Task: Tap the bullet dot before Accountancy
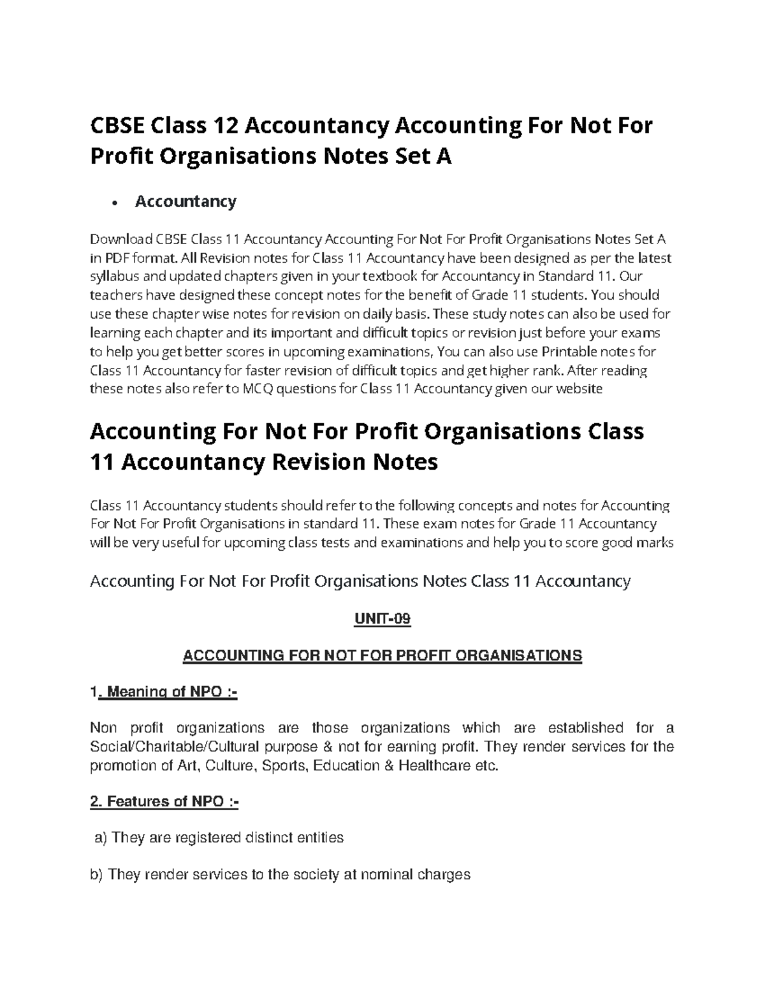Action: pos(113,203)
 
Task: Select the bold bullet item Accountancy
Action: pos(186,201)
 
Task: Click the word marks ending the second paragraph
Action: pos(653,543)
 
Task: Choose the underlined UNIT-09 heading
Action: pos(382,619)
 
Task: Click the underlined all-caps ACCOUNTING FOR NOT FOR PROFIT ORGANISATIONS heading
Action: pos(382,655)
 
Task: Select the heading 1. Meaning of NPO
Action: pos(164,692)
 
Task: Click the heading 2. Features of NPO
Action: pos(164,801)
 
